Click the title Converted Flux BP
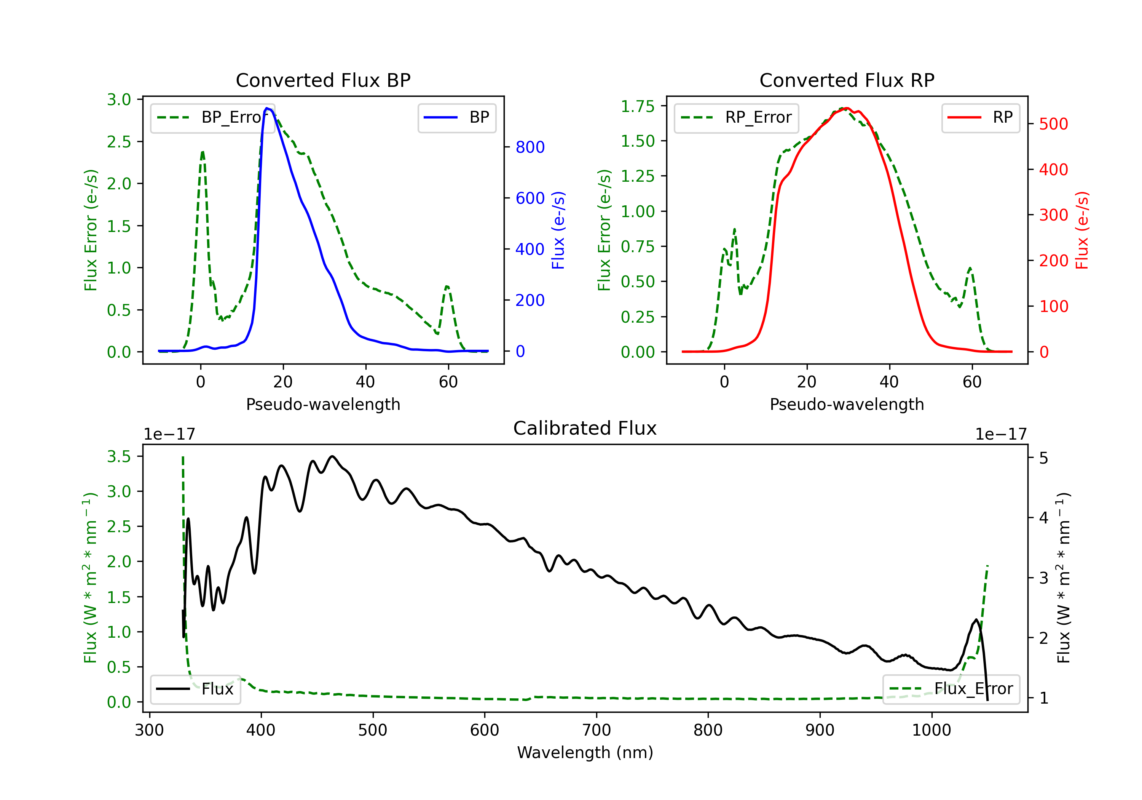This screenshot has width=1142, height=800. click(x=323, y=80)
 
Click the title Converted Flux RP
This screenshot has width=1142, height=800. click(x=847, y=80)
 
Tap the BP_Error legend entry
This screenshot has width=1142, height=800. click(x=212, y=117)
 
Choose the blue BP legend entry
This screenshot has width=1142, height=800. click(x=456, y=117)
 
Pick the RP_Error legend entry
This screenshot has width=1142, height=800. click(x=736, y=117)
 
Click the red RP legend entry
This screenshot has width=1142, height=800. click(x=980, y=117)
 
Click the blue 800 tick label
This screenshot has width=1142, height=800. click(x=530, y=147)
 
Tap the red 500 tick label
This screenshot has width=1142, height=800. click(x=1053, y=124)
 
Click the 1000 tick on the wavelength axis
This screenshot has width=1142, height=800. click(x=931, y=730)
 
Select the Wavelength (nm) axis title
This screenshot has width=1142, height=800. click(x=585, y=752)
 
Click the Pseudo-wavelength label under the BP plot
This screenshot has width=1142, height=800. click(x=323, y=404)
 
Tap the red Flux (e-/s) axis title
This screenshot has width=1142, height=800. click(x=1082, y=230)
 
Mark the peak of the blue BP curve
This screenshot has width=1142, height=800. click(x=267, y=108)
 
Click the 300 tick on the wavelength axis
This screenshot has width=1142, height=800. click(x=149, y=730)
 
